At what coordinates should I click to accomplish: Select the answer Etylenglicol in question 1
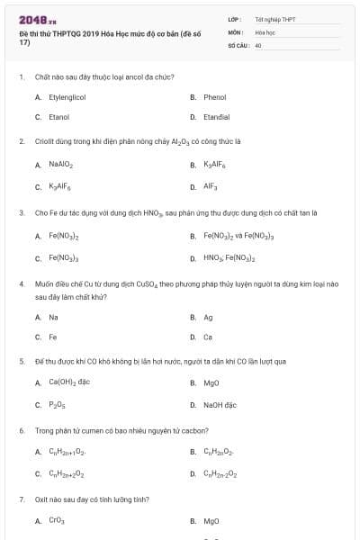67,96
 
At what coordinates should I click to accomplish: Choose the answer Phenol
214,96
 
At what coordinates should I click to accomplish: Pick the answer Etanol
58,117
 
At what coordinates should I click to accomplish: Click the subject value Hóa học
264,31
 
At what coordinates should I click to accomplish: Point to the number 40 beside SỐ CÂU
258,44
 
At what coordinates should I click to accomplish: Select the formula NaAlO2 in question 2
61,165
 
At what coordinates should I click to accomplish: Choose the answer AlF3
211,186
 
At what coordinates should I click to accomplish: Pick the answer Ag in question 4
208,317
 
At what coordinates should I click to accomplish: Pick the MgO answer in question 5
211,382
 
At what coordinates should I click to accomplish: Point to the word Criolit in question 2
46,141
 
